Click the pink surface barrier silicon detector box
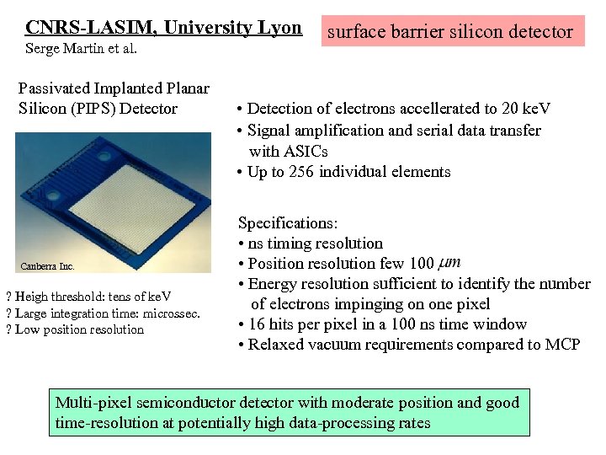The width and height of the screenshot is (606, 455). pos(449,32)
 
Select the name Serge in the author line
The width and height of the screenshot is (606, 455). pos(43,49)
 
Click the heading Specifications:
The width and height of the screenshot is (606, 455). pos(288,223)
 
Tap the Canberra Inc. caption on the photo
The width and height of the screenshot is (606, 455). pos(48,267)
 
